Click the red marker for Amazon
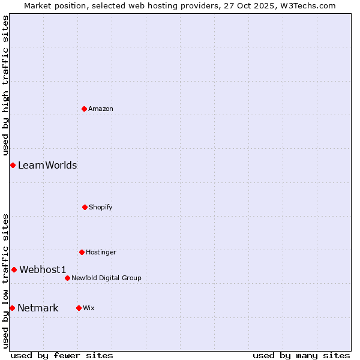pos(84,109)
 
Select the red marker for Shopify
pos(85,207)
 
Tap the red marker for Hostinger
pos(82,252)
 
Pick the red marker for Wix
pos(79,308)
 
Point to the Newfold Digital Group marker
pos(67,278)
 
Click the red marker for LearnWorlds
pos(13,165)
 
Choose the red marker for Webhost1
pos(14,269)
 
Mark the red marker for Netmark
pos(12,308)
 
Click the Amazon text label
pos(101,109)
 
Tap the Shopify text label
pos(101,207)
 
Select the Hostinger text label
pos(101,252)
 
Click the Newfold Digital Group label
pos(106,278)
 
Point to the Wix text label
pos(89,308)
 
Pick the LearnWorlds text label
pos(47,165)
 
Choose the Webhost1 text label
pos(43,269)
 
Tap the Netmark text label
pos(38,308)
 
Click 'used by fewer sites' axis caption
pos(62,355)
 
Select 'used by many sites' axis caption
pos(301,355)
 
